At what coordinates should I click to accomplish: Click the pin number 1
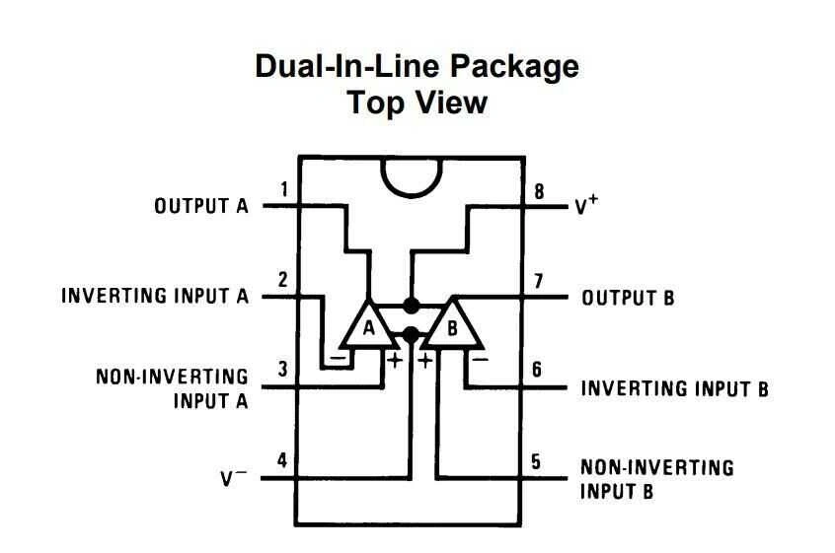click(284, 189)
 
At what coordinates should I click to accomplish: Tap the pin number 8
click(539, 190)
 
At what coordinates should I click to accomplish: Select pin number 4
click(283, 460)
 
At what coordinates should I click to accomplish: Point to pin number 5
click(536, 461)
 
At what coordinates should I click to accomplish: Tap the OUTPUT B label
click(628, 298)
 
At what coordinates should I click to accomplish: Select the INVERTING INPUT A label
click(155, 296)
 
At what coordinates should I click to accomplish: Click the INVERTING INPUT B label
click(674, 387)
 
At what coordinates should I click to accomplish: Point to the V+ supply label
click(587, 207)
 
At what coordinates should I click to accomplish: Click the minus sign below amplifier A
click(340, 360)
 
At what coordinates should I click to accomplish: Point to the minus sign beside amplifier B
click(481, 360)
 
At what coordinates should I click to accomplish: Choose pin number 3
click(283, 370)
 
